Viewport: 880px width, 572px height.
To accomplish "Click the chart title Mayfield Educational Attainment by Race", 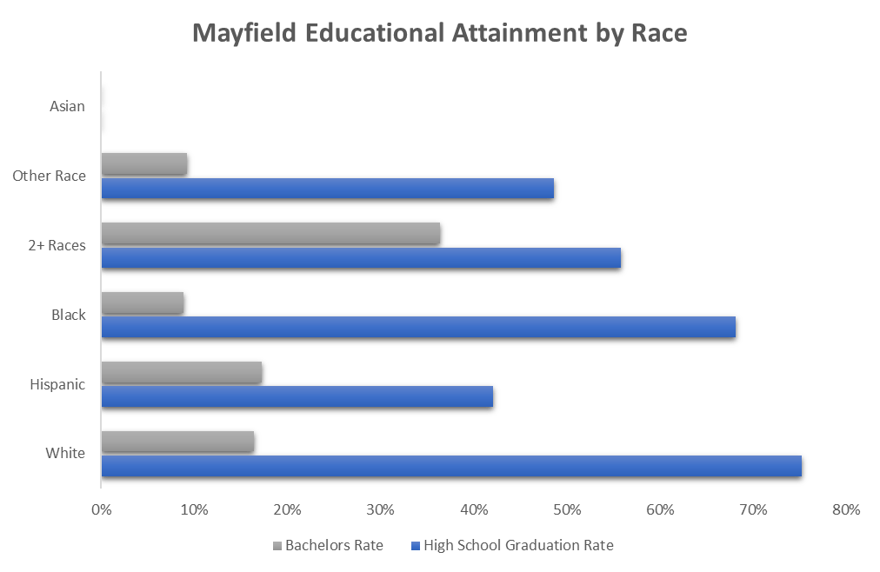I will pyautogui.click(x=439, y=34).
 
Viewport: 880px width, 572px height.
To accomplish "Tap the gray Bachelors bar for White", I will pyautogui.click(x=178, y=441).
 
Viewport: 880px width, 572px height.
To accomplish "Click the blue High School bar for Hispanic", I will pyautogui.click(x=297, y=396).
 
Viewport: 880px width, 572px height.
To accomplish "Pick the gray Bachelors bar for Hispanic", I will pyautogui.click(x=182, y=371).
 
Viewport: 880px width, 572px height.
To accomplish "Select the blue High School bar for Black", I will pyautogui.click(x=418, y=327).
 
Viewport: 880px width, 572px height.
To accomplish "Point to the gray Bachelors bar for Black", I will pyautogui.click(x=143, y=302).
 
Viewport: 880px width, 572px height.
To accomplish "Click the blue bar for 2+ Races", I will pyautogui.click(x=361, y=257).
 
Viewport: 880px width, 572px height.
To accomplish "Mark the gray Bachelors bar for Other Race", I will pyautogui.click(x=144, y=163).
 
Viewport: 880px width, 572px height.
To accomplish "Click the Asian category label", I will pyautogui.click(x=68, y=107).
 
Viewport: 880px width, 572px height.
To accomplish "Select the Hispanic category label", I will pyautogui.click(x=57, y=384).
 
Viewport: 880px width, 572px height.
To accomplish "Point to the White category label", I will pyautogui.click(x=65, y=454).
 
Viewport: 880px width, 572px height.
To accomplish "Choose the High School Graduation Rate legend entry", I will pyautogui.click(x=512, y=546).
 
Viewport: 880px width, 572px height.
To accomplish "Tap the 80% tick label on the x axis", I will pyautogui.click(x=846, y=509).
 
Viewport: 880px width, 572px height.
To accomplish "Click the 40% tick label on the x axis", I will pyautogui.click(x=474, y=509).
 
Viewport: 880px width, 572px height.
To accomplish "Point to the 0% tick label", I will pyautogui.click(x=101, y=509).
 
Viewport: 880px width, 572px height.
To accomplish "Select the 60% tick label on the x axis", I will pyautogui.click(x=660, y=509).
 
